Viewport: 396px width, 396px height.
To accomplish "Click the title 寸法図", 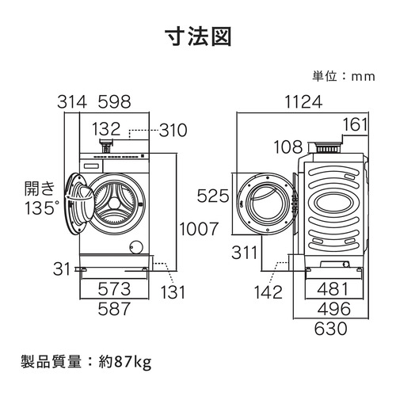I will (x=198, y=38).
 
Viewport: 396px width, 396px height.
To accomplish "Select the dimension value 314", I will (x=72, y=102).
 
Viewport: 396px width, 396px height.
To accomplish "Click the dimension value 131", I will (x=174, y=291).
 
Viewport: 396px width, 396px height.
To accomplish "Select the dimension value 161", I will (x=357, y=124).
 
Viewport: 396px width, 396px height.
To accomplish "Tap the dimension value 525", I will (x=215, y=195).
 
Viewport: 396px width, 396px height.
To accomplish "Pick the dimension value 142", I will (x=269, y=292).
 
